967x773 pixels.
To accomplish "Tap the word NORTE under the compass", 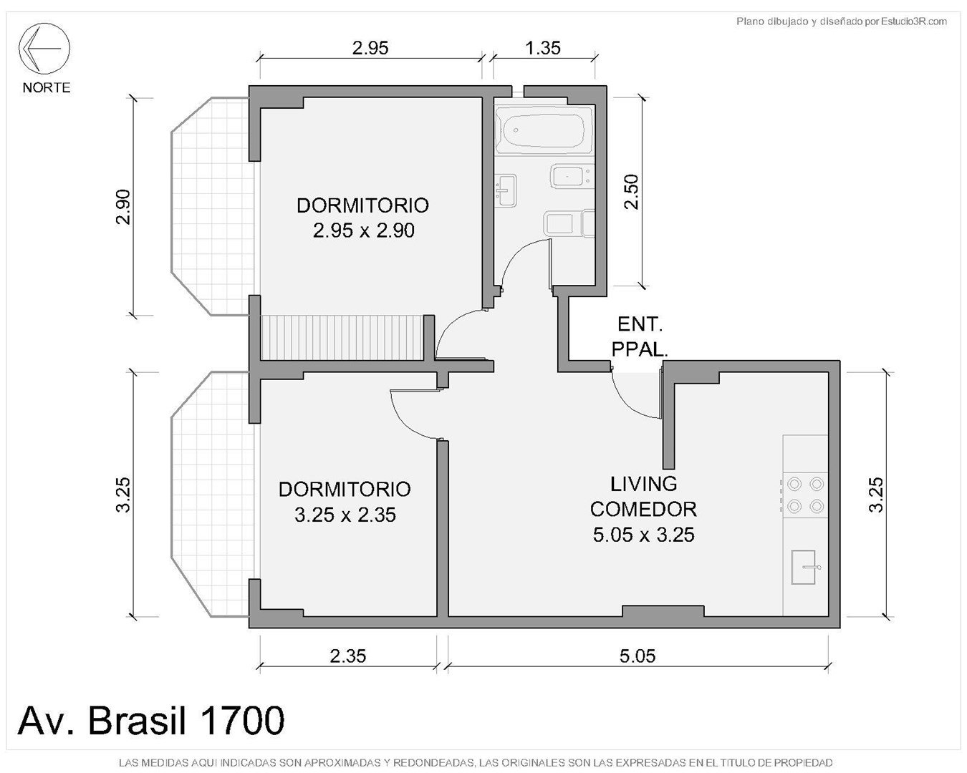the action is point(47,87).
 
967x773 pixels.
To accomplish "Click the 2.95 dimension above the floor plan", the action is point(370,48).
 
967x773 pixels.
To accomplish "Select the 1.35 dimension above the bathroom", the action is point(543,48).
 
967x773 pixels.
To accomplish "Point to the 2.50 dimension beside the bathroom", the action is point(631,192).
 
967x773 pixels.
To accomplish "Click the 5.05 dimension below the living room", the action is point(638,656).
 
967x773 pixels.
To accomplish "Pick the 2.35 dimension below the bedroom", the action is point(348,656).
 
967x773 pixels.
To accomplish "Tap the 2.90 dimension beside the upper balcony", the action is point(122,207).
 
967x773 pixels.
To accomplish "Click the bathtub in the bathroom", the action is point(543,130).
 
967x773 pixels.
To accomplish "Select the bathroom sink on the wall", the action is point(506,190).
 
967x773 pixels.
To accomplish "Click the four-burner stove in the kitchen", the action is point(805,495).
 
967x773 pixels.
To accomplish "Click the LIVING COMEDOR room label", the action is point(643,510).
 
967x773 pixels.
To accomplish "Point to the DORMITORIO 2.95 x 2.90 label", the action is point(363,218).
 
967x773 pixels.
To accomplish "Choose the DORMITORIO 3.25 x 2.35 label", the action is point(345,502).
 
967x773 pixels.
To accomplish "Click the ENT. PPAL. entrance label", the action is point(640,337).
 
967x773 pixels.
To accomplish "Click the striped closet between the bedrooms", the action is point(342,337).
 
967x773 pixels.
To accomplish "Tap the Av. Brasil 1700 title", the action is point(151,720).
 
